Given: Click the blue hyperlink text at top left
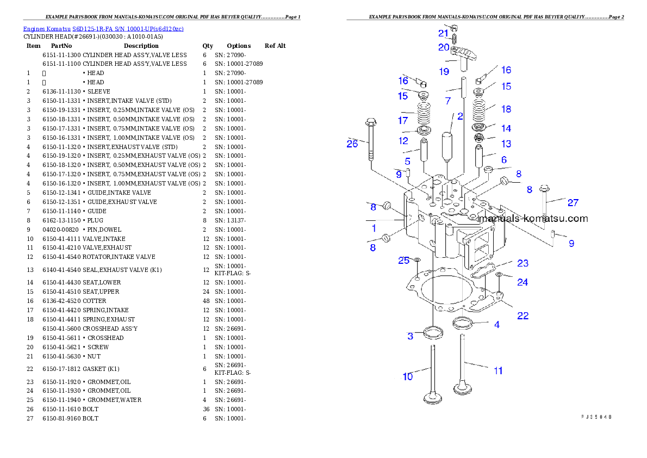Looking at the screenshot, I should pos(103,28).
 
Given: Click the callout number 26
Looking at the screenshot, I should pos(352,144).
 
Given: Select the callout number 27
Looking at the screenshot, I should pos(573,203).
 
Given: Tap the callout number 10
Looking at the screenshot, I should pos(408,376).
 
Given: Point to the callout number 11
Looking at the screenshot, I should pos(498,371).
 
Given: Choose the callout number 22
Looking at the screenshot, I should pos(522,315).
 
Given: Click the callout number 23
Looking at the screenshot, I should pos(522,263).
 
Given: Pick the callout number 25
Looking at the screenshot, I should pos(403,261).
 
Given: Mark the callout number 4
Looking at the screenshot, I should pos(496,325).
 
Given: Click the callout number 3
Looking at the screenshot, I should pos(410,336).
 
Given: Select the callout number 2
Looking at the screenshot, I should pos(460,116).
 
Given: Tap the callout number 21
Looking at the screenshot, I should pos(443,34).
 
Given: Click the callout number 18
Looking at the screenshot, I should pos(506,109).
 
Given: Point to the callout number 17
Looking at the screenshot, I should pos(403,120).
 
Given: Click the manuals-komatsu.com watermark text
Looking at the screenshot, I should pos(533,219).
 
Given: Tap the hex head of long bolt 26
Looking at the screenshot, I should pos(371,121).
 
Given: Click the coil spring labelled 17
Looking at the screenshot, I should pos(424,114).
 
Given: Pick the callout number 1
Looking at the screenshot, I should pos(374,228).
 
